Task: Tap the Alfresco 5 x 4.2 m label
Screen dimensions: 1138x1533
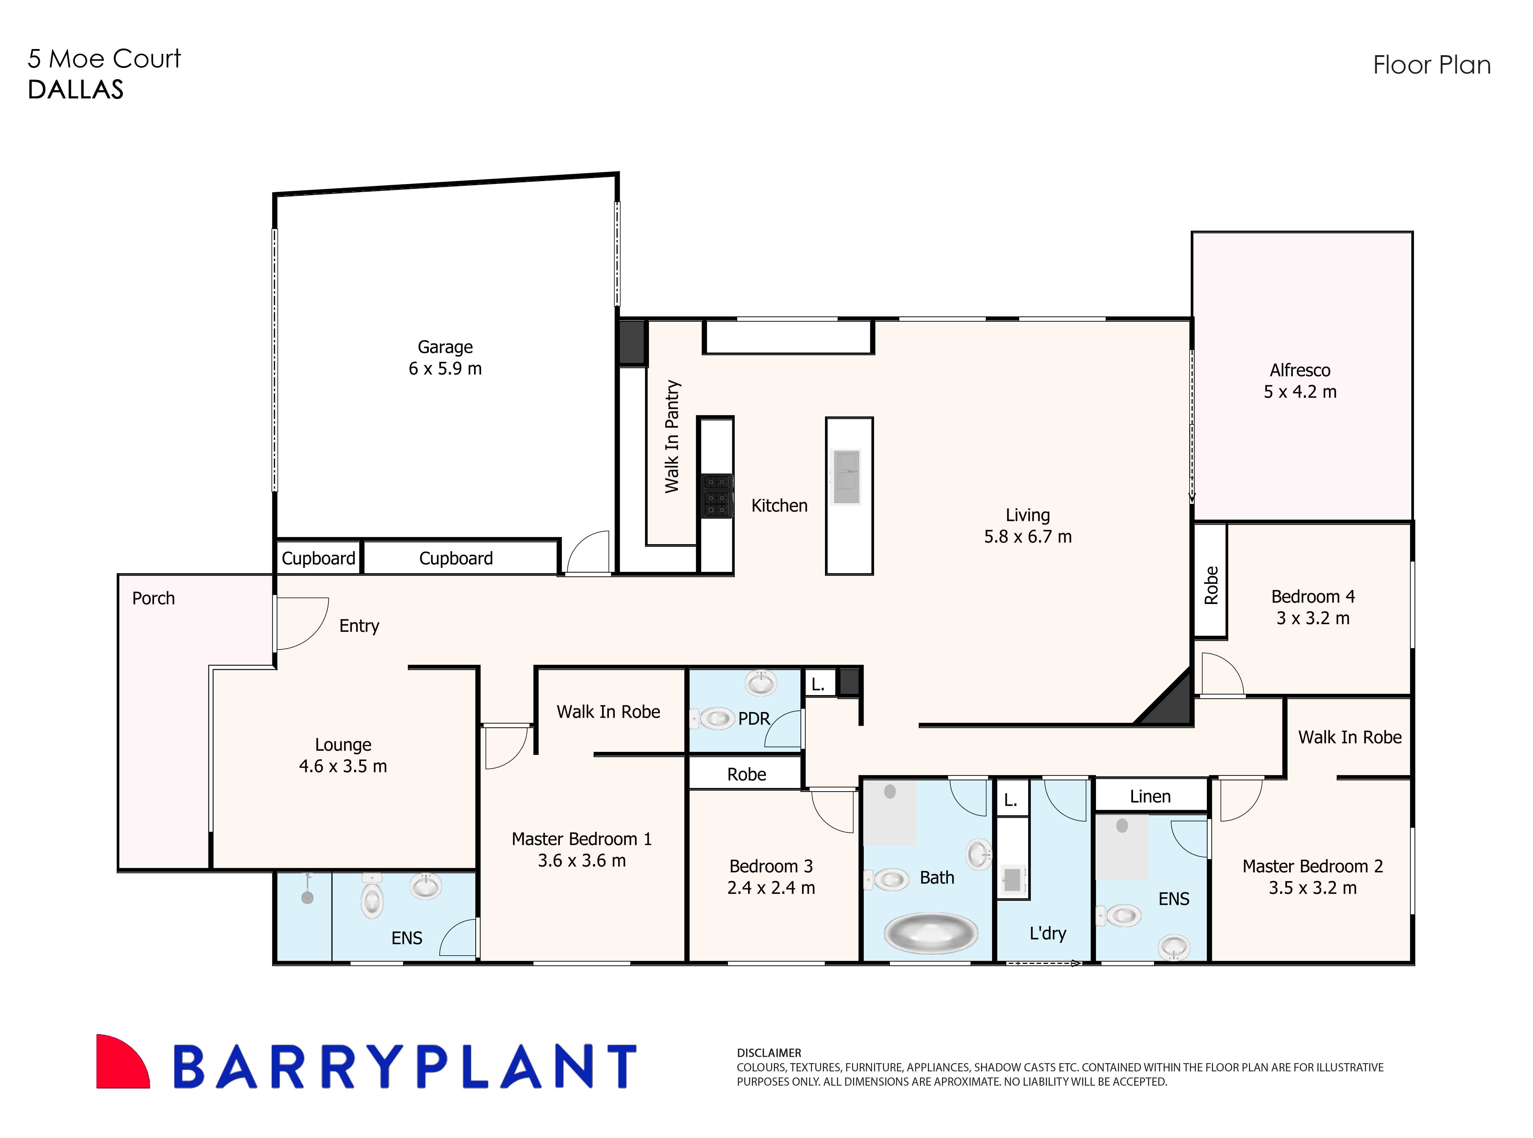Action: coord(1300,381)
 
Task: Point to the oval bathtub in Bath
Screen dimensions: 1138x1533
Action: coord(930,933)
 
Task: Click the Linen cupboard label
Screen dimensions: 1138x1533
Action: coord(1150,796)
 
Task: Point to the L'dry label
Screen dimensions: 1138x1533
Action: coord(1047,933)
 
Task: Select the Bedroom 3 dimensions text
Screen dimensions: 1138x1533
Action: coord(771,888)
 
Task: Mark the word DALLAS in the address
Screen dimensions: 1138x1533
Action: coord(76,90)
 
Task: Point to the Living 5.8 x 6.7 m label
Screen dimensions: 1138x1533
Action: coord(1027,526)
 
